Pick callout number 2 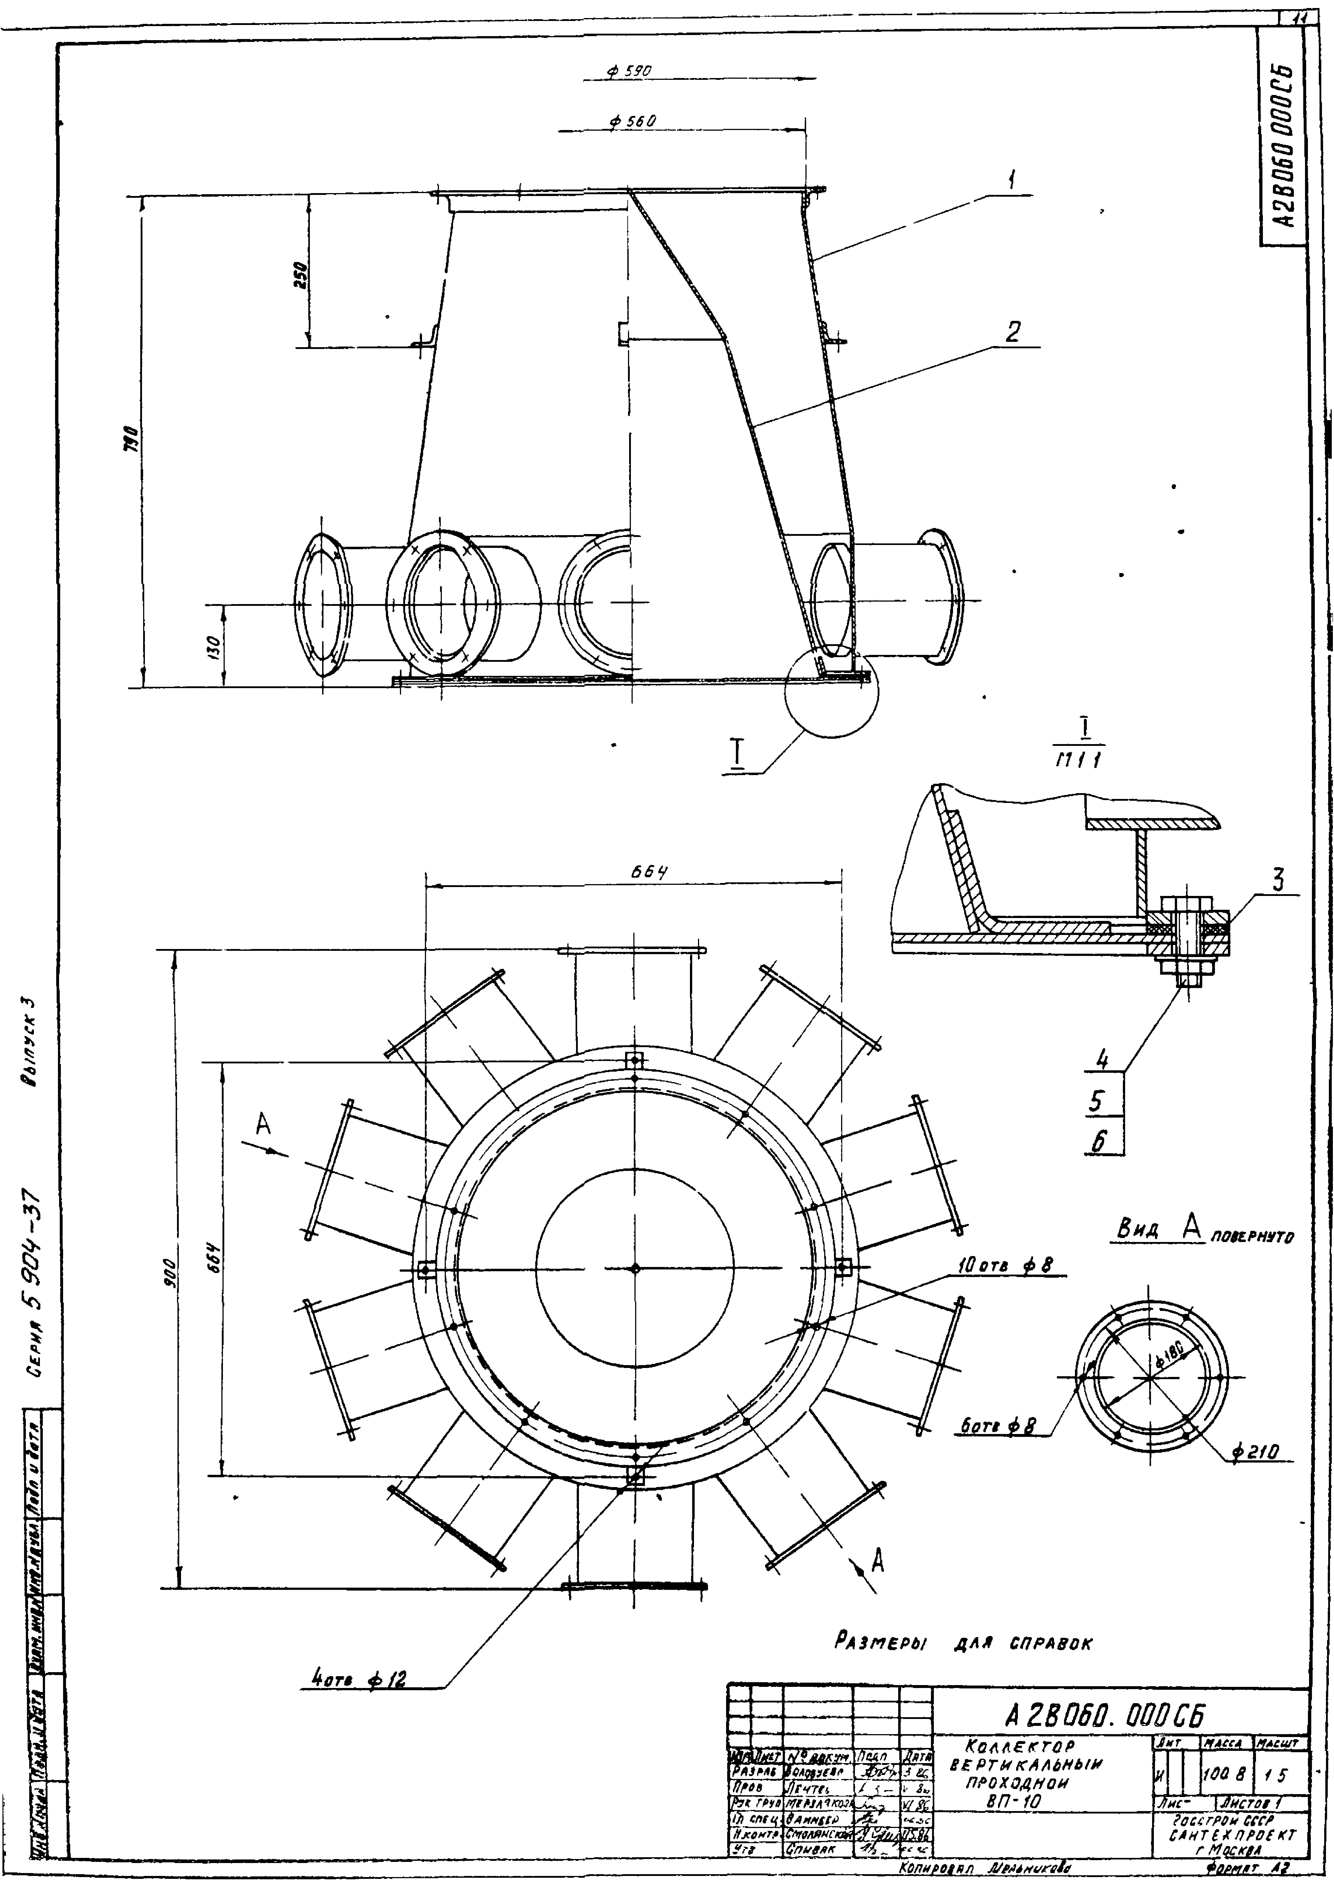point(1012,332)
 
